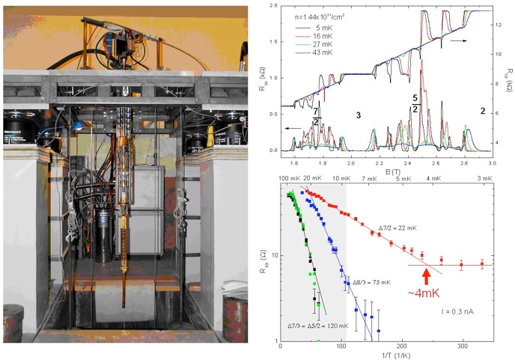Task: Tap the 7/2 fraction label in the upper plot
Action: pyautogui.click(x=317, y=116)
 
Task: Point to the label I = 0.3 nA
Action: pyautogui.click(x=457, y=308)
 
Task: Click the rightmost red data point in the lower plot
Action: pyautogui.click(x=481, y=264)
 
